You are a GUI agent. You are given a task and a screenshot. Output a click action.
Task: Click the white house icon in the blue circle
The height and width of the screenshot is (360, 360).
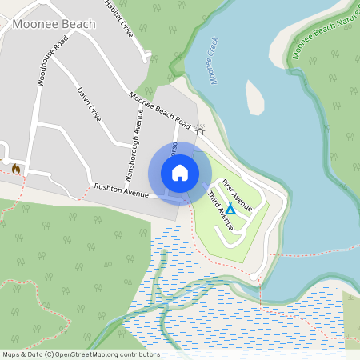click(180, 173)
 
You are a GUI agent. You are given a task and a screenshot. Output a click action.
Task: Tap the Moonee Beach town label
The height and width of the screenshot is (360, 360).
click(54, 24)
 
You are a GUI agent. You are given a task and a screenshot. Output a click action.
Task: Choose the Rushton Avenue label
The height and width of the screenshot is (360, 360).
click(122, 190)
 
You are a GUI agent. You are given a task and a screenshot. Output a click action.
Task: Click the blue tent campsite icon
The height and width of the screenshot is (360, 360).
click(230, 208)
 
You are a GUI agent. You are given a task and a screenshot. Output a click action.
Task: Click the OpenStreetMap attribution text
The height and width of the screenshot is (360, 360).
click(81, 354)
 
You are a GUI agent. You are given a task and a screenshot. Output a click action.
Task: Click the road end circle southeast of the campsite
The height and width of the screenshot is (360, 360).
click(254, 277)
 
